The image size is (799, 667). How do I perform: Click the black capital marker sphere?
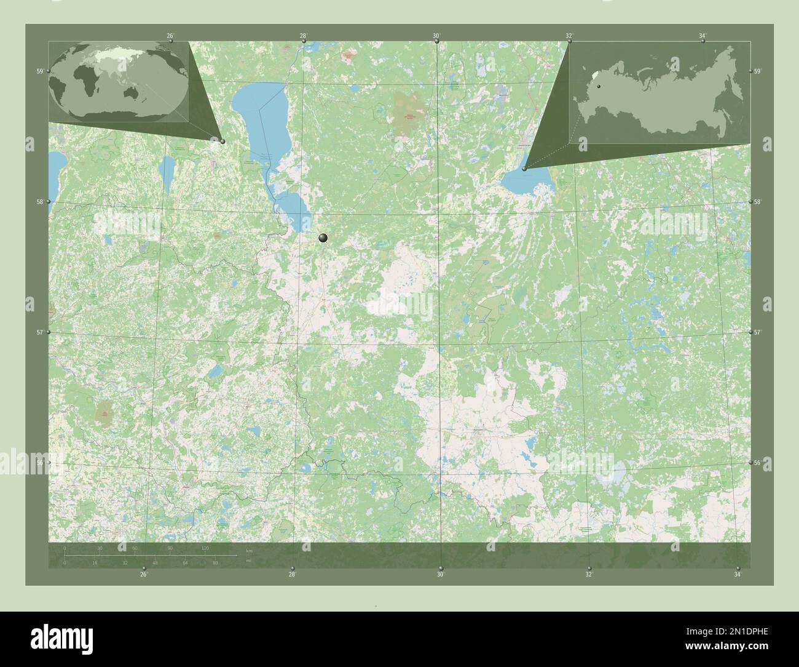point(323,238)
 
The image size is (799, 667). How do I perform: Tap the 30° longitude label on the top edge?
point(436,36)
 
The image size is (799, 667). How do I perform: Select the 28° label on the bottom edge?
point(293,575)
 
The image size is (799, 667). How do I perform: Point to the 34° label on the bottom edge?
point(738,575)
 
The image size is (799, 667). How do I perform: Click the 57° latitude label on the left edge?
point(40,332)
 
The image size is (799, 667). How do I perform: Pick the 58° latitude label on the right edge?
point(758,202)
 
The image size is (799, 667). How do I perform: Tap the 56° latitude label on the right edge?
point(758,462)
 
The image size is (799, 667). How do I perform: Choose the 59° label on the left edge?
point(40,71)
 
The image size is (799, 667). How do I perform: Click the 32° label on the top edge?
point(569,36)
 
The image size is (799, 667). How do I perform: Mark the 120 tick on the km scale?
point(205,548)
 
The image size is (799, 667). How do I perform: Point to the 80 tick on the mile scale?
point(215,562)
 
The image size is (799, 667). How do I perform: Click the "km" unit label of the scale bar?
point(248,549)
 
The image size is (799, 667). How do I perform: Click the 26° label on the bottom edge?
point(143,575)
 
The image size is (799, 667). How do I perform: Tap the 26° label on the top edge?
point(170,36)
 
